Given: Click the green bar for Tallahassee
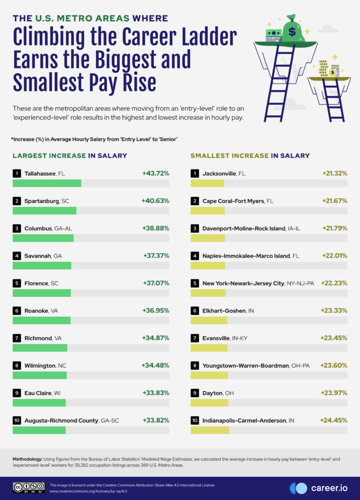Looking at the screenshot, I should click(x=47, y=184).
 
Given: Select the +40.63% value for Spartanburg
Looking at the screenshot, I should click(x=155, y=201).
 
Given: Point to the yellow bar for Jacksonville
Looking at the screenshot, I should click(x=207, y=184).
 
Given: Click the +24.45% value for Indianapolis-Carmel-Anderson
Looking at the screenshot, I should click(x=333, y=419).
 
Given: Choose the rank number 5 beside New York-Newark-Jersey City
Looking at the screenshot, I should click(x=195, y=283).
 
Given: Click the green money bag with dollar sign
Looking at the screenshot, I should click(x=292, y=31).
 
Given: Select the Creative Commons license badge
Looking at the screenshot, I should click(x=29, y=487).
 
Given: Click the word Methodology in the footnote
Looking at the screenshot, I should click(x=27, y=459).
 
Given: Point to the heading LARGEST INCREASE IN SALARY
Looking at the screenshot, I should click(x=70, y=156).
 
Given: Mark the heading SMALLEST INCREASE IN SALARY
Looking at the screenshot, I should click(x=250, y=156).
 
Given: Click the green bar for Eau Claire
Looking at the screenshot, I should click(x=39, y=402).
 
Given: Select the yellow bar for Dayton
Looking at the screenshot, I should click(x=209, y=402).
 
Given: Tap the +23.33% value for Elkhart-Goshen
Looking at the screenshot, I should click(x=334, y=310).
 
